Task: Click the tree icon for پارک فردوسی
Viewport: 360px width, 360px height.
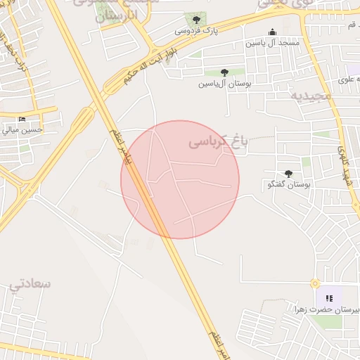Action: coord(196,20)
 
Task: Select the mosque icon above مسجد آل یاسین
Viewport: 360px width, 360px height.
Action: coord(273,32)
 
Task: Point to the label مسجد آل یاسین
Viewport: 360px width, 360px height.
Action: coord(272,44)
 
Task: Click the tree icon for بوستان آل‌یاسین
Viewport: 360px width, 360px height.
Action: coord(224,72)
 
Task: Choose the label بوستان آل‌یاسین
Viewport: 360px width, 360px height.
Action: coord(224,84)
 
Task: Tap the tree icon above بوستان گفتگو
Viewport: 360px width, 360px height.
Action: coord(288,174)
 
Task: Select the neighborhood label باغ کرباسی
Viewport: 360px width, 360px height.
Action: coord(219,143)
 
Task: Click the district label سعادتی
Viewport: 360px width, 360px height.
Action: coord(31,284)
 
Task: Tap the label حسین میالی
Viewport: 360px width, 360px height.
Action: coord(22,129)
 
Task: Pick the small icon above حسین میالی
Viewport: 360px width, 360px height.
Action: coord(22,119)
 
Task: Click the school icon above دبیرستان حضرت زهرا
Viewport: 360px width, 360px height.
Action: coord(329,298)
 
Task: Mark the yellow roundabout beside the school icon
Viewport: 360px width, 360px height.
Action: coord(315,284)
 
